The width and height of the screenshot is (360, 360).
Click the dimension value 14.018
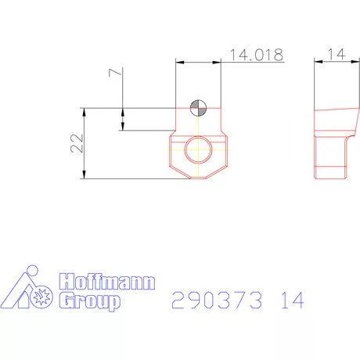click(x=255, y=54)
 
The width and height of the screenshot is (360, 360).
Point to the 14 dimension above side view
click(x=335, y=54)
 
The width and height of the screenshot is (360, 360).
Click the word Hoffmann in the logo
click(x=107, y=282)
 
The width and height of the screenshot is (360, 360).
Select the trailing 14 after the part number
click(x=289, y=300)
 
